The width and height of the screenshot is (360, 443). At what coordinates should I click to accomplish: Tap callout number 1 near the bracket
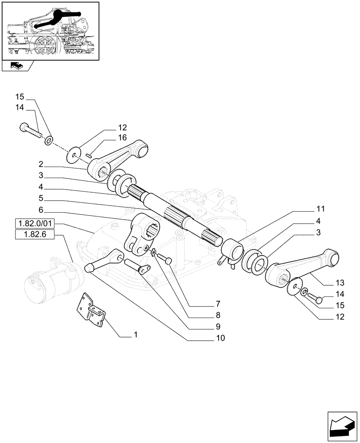[136, 335]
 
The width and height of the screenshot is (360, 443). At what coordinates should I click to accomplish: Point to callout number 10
[220, 338]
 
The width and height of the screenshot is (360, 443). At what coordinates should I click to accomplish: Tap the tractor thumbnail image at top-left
[50, 30]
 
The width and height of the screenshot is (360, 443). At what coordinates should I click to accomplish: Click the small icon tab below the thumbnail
[16, 66]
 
